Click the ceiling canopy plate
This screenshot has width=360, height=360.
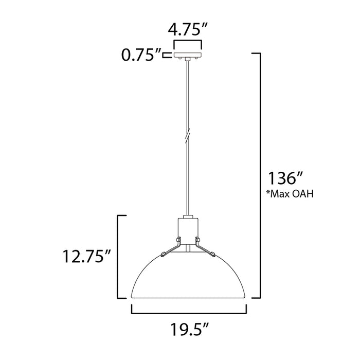[x=188, y=55]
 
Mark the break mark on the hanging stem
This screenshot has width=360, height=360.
[x=188, y=135]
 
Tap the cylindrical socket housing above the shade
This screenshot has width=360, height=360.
[x=188, y=229]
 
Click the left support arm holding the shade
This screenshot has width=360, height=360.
[x=170, y=248]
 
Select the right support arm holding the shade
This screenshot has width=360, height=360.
[x=207, y=248]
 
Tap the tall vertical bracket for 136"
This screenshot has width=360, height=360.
[x=261, y=175]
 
